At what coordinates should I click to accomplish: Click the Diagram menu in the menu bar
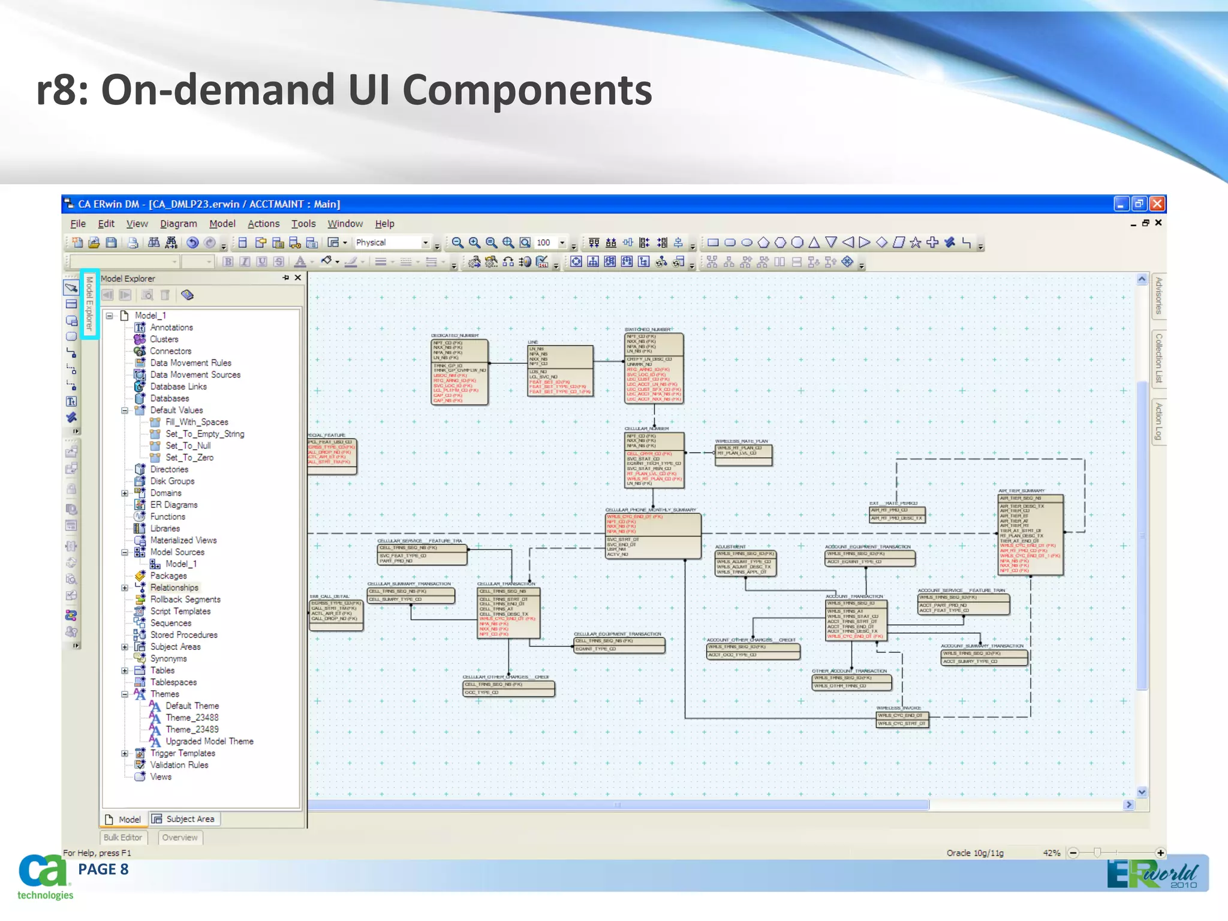point(178,224)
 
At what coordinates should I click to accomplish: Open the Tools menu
point(303,224)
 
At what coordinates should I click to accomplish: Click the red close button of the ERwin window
point(1157,204)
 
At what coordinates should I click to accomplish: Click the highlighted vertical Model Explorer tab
point(89,303)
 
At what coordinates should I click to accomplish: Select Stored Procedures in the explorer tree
point(183,634)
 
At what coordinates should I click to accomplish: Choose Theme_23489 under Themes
point(192,729)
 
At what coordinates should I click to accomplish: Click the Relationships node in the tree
point(174,588)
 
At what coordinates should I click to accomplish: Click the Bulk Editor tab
point(123,838)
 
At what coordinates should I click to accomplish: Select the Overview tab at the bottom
point(180,838)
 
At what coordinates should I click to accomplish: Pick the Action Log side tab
point(1158,421)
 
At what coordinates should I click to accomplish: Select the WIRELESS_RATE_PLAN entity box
point(743,455)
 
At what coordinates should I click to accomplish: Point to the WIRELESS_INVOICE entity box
point(902,720)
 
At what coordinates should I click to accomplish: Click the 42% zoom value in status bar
point(1051,853)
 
